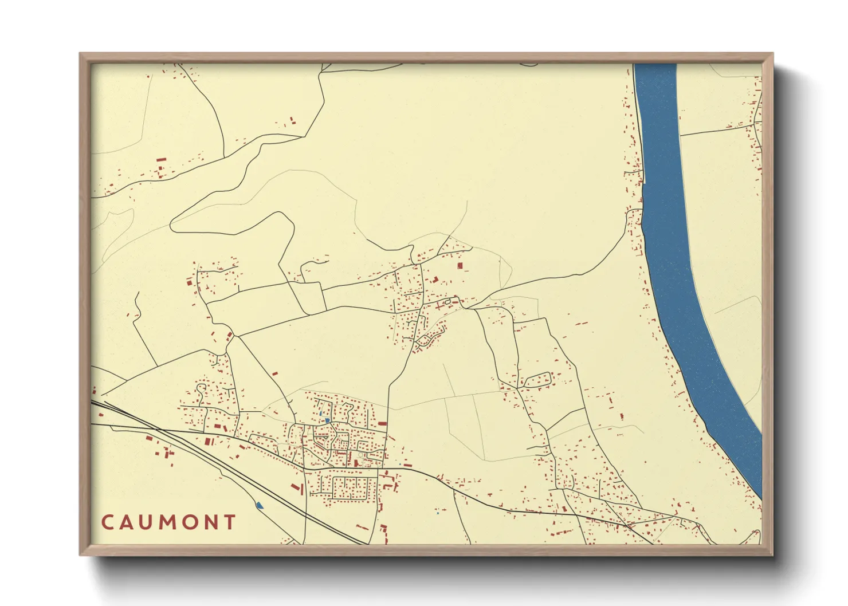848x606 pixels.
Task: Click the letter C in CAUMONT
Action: pyautogui.click(x=107, y=522)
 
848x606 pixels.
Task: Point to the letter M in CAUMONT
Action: pyautogui.click(x=168, y=522)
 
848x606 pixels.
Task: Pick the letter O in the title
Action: pyautogui.click(x=191, y=522)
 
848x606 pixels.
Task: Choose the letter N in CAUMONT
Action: pyautogui.click(x=211, y=522)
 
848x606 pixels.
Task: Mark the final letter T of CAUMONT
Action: pyautogui.click(x=230, y=522)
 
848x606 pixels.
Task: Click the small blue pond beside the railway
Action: pyautogui.click(x=260, y=505)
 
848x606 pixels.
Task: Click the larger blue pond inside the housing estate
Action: pyautogui.click(x=327, y=420)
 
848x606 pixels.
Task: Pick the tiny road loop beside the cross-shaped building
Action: pyautogui.click(x=447, y=302)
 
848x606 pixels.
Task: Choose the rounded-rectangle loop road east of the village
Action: pyautogui.click(x=537, y=379)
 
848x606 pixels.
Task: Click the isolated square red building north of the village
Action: pyautogui.click(x=460, y=266)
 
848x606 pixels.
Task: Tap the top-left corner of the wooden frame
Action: pyautogui.click(x=80, y=54)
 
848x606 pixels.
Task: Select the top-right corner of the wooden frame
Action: pyautogui.click(x=772, y=54)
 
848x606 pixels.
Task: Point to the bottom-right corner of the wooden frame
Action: pyautogui.click(x=772, y=555)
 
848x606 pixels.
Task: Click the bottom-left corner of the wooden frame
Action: pyautogui.click(x=80, y=555)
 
